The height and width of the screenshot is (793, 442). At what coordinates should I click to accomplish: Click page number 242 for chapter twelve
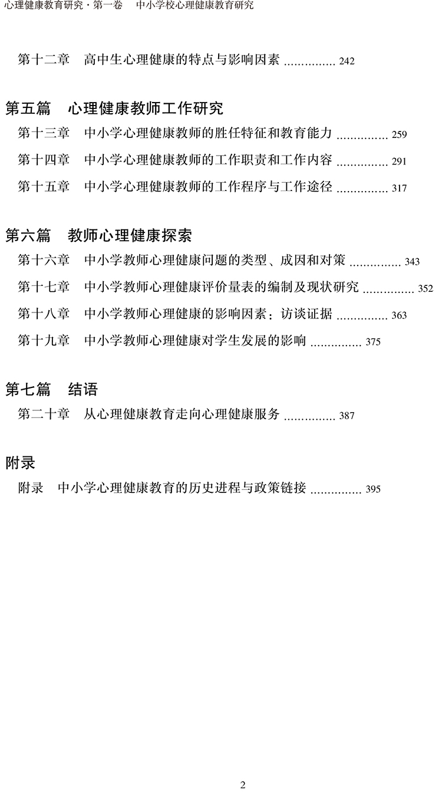tap(347, 61)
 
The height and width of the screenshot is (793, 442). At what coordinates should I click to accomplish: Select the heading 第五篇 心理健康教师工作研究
tap(114, 108)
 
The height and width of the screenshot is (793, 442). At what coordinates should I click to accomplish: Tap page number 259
tap(399, 135)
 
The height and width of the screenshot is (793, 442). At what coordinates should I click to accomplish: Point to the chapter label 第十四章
tap(44, 160)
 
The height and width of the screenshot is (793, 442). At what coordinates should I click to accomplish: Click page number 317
tap(399, 189)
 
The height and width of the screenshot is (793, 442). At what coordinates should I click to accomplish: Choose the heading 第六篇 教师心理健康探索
tap(98, 235)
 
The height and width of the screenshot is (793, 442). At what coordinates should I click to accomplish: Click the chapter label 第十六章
tap(44, 261)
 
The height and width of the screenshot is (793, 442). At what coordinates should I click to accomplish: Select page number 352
tap(425, 289)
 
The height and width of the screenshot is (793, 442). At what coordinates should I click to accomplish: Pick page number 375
tap(373, 342)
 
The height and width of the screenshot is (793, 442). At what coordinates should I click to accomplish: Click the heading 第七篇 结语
tap(51, 389)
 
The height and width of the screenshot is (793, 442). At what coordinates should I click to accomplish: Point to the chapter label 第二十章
tap(44, 414)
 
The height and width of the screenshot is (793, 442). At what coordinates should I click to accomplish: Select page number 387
tap(347, 416)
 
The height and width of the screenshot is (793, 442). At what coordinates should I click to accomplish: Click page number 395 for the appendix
tap(373, 489)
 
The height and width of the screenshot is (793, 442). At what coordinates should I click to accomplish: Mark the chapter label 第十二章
tap(44, 60)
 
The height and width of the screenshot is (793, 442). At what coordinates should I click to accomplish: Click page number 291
tap(399, 162)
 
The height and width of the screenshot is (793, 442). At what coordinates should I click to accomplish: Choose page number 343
tap(412, 262)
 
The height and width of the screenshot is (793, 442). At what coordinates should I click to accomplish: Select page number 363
tap(399, 315)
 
